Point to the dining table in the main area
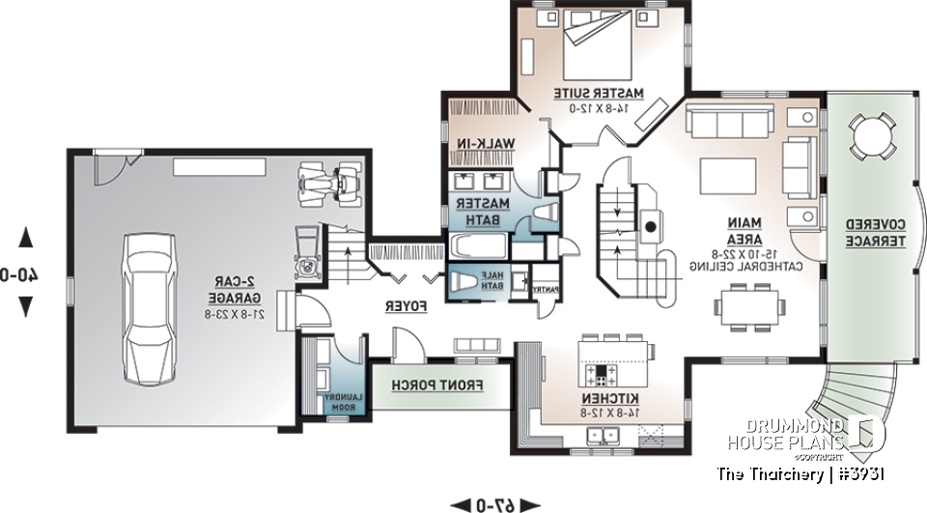click(747, 307)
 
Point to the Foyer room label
click(407, 305)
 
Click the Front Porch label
click(436, 385)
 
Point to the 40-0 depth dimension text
click(19, 272)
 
